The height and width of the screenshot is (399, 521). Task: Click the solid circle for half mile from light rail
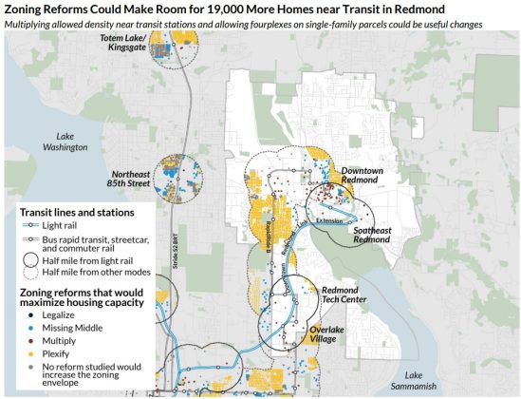(x=26, y=258)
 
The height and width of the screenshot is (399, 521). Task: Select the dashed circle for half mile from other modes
(x=26, y=272)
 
